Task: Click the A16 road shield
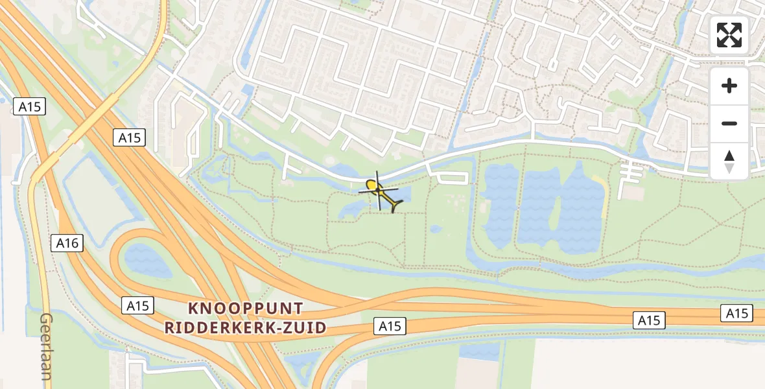tap(67, 243)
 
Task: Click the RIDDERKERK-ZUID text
tap(245, 327)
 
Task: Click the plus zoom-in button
tap(729, 86)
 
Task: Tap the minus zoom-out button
tap(729, 123)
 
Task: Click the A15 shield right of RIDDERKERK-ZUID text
tap(390, 327)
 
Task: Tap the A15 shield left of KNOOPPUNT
tap(138, 306)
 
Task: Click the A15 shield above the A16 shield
tap(129, 137)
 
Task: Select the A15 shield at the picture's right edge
tap(736, 314)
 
